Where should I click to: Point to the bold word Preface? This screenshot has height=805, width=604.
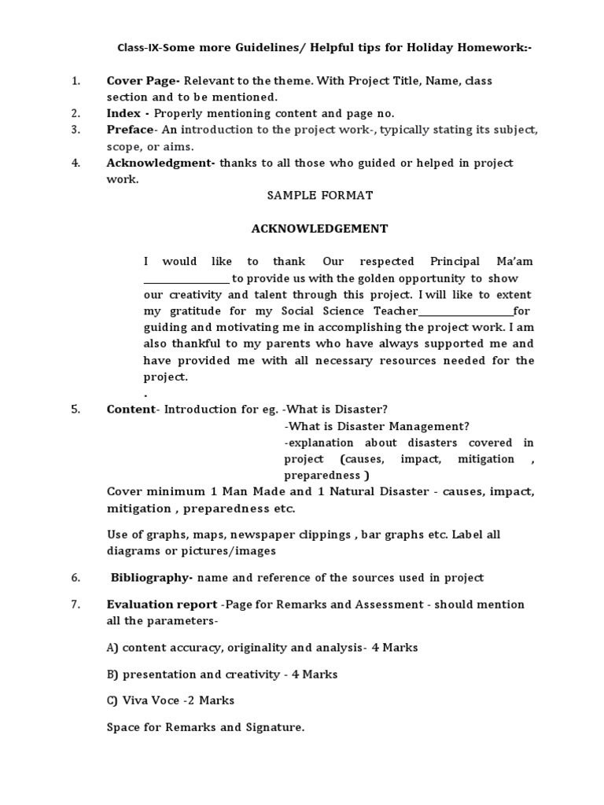tap(130, 130)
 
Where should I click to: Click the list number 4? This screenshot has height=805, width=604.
tap(76, 163)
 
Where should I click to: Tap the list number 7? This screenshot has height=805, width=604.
tap(76, 605)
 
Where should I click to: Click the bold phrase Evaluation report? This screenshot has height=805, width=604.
tap(162, 605)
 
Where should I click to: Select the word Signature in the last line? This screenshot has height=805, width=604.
tap(276, 727)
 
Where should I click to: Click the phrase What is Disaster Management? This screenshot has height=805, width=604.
tap(377, 426)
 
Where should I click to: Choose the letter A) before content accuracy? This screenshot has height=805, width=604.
tap(112, 648)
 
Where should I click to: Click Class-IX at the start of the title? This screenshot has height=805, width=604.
tap(137, 48)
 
